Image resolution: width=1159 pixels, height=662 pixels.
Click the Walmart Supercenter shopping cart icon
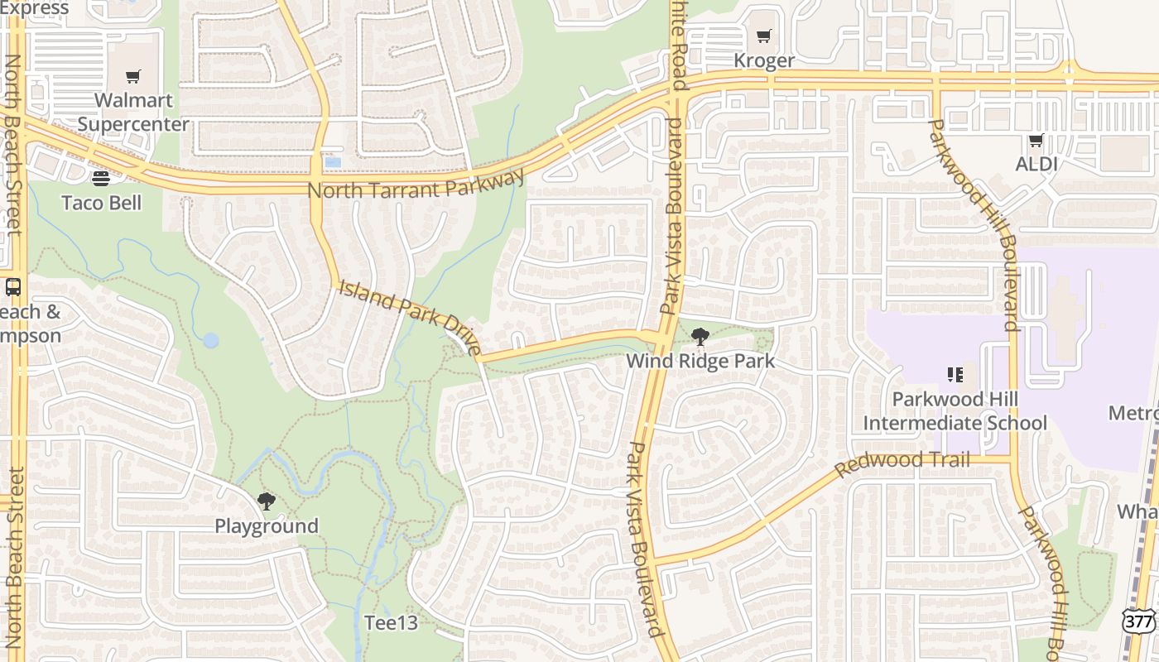point(133,77)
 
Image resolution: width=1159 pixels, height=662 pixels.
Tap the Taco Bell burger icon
point(101,179)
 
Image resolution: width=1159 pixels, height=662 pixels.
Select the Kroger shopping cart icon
point(763,36)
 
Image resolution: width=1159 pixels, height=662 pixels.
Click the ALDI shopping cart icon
point(1036,141)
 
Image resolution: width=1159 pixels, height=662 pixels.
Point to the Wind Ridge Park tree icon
point(700,336)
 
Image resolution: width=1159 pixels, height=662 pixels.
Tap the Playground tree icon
point(266,501)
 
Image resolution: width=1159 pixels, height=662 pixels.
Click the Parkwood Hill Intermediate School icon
point(955,375)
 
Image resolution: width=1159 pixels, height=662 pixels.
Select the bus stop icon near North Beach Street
point(13,287)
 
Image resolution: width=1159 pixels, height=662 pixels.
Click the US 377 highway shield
point(1139,621)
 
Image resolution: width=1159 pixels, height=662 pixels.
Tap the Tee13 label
point(391,623)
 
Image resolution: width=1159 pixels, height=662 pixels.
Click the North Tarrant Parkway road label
point(416,185)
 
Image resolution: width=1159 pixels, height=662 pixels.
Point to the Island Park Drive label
point(410,318)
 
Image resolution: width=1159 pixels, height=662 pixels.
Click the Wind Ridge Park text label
point(700,361)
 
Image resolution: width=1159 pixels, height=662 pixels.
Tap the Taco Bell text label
point(102,203)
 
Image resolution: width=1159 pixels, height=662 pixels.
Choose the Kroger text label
point(764,60)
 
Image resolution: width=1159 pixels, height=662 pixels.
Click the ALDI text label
point(1036,164)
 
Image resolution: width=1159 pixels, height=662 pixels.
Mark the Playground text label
point(267,526)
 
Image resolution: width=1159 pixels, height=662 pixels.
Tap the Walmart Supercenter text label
point(133,113)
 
